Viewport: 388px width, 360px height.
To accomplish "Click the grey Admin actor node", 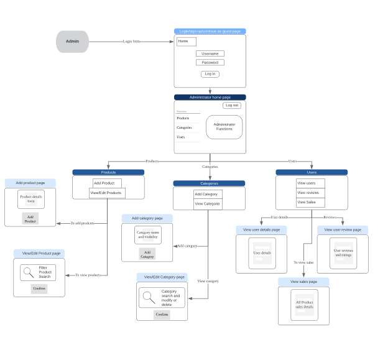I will coord(72,42).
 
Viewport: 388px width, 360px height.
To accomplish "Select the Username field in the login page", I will coord(210,53).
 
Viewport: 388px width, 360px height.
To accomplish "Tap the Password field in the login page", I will coord(210,62).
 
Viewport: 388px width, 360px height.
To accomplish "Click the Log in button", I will coord(210,74).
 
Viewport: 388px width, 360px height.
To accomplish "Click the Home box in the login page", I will coord(186,42).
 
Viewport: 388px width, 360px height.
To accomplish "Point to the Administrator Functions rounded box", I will coord(224,127).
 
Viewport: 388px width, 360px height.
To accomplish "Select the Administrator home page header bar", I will coord(210,97).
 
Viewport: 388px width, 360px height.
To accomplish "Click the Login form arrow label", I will coord(131,42).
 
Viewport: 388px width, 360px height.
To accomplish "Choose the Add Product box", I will coord(107,183).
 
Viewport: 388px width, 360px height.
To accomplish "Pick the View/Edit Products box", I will coord(107,193).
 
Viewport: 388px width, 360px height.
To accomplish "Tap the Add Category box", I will coord(207,195).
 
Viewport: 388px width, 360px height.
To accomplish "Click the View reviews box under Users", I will coord(310,193).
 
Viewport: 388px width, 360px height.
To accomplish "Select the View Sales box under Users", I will coord(310,202).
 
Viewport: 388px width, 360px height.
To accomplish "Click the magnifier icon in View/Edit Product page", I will coord(29,272).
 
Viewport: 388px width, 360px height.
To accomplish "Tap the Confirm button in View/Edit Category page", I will coord(162,315).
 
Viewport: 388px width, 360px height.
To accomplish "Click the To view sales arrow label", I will coord(303,262).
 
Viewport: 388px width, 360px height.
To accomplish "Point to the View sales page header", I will coord(303,282).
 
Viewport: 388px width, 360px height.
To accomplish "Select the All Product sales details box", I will coord(304,305).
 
